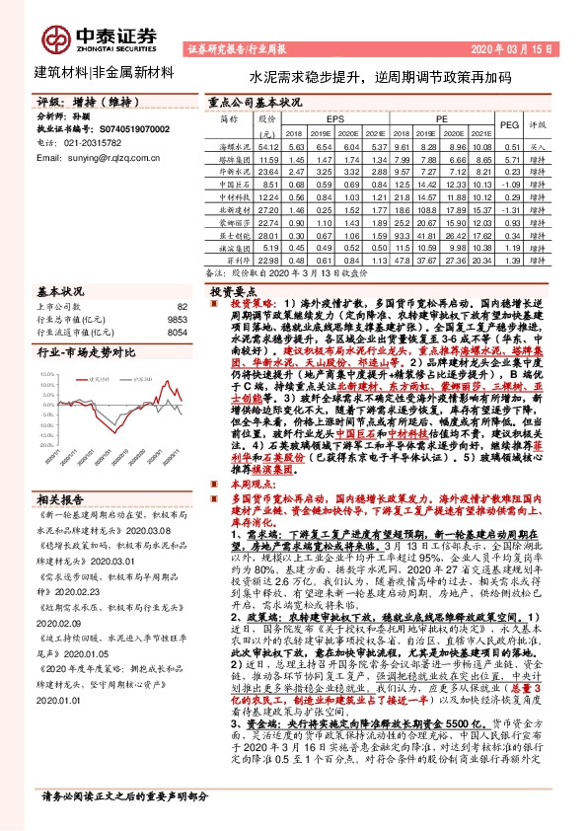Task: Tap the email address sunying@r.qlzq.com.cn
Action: pos(103,157)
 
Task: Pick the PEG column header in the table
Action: pos(509,125)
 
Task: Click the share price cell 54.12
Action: pos(267,145)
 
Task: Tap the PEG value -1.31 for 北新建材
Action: pos(509,210)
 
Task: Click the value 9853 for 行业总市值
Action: pos(175,320)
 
